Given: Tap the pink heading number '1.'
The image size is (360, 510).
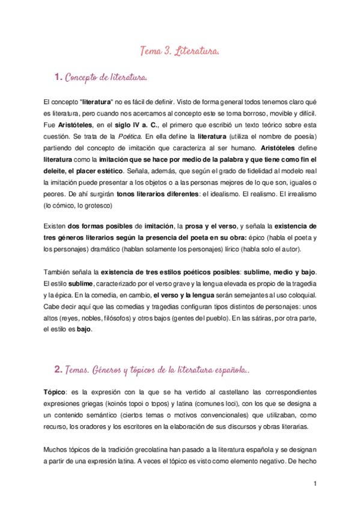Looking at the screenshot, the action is click(x=59, y=77).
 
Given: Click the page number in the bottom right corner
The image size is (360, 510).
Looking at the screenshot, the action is click(x=314, y=483).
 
